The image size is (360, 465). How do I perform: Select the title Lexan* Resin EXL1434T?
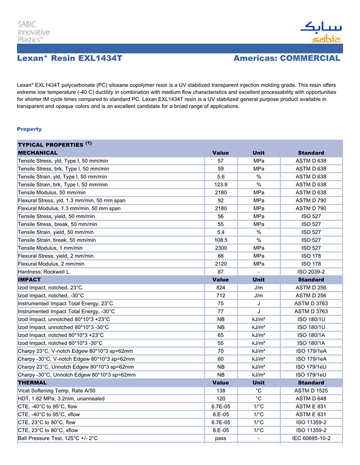click(x=69, y=58)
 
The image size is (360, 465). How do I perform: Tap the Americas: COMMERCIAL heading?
click(x=286, y=58)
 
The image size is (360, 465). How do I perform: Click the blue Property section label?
click(x=29, y=129)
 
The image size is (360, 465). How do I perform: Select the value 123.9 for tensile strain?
click(x=221, y=184)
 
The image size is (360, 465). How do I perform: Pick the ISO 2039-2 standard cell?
click(x=311, y=271)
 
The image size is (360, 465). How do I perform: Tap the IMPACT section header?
click(x=29, y=280)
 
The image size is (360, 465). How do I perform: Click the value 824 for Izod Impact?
click(x=221, y=288)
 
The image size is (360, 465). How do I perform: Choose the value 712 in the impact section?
click(x=221, y=296)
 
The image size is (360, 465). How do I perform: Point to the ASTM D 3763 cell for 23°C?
click(x=311, y=304)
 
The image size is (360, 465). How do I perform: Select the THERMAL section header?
click(x=32, y=383)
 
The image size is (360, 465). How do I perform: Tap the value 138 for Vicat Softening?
click(x=221, y=391)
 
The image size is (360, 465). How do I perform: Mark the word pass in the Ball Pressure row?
click(x=221, y=438)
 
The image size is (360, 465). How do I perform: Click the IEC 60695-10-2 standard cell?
click(x=311, y=438)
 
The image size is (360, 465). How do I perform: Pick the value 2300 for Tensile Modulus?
click(x=221, y=248)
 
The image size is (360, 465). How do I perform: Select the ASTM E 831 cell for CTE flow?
click(x=311, y=406)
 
